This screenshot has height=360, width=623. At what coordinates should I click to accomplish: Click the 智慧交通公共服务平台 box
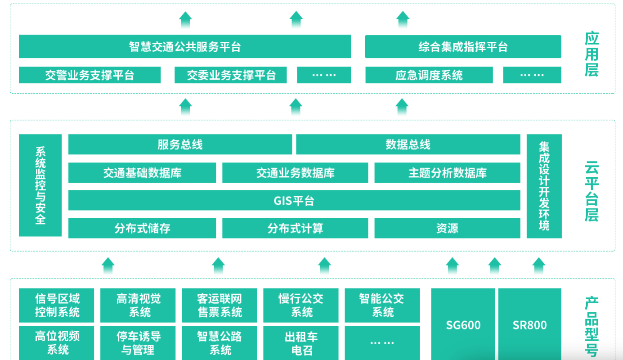[x=185, y=47]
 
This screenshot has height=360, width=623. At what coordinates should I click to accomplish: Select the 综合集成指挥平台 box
[x=463, y=47]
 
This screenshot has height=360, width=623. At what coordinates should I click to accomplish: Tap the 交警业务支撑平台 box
[x=90, y=75]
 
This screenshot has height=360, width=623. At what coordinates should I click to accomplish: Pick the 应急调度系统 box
[x=429, y=75]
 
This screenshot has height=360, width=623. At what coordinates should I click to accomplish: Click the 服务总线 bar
[x=180, y=144]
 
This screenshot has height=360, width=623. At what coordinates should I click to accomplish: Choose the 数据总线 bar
[x=408, y=144]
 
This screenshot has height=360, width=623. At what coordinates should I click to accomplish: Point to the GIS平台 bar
[x=294, y=200]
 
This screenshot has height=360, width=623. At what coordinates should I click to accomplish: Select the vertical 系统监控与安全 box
[x=40, y=185]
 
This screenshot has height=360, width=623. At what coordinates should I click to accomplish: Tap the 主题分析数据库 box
[x=447, y=173]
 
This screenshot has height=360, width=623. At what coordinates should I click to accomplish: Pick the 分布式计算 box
[x=295, y=228]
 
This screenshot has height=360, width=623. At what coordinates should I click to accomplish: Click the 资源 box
[x=447, y=228]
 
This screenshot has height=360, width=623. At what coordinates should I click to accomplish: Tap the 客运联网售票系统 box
[x=219, y=305]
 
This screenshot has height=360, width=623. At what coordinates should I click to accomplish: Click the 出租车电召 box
[x=300, y=343]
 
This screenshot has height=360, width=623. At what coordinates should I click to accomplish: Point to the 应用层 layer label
[x=592, y=54]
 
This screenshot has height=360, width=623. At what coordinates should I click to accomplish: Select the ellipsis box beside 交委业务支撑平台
[x=324, y=75]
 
